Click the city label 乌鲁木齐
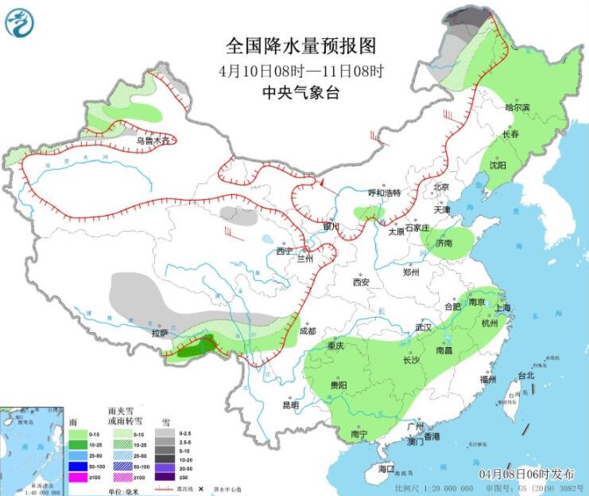click(153, 141)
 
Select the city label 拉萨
click(161, 333)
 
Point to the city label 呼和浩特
click(384, 193)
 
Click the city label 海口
click(387, 467)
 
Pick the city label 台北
click(525, 375)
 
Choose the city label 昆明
click(291, 405)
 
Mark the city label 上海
click(502, 308)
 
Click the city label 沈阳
click(498, 166)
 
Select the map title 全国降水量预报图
click(300, 45)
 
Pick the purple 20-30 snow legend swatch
click(165, 466)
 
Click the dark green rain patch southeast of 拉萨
click(195, 347)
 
